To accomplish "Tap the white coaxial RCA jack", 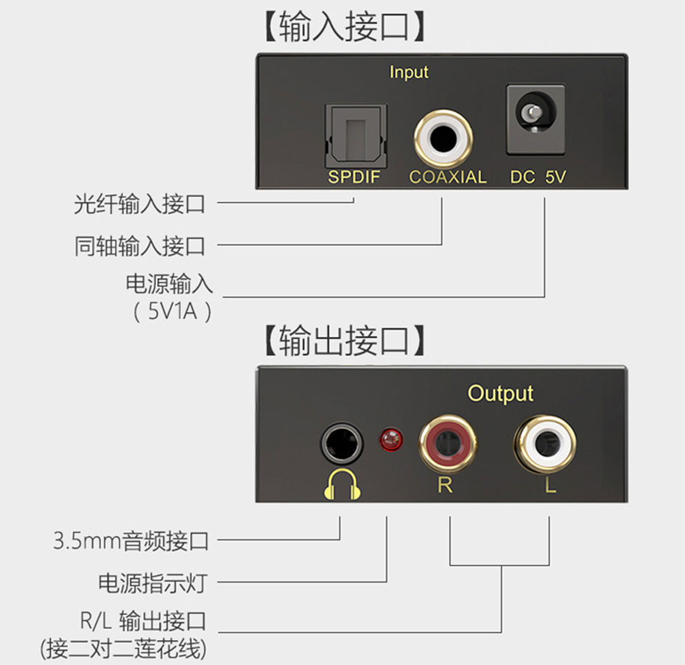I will click(x=443, y=137).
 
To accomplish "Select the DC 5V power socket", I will click(x=535, y=119).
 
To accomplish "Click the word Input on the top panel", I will click(x=409, y=72).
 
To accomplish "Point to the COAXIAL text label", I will click(x=448, y=177).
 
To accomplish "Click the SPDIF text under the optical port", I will click(x=354, y=177).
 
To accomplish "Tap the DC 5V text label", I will click(x=538, y=177).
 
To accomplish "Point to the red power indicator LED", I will click(x=390, y=441).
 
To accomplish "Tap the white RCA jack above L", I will click(x=544, y=443).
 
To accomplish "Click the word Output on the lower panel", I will click(x=500, y=394).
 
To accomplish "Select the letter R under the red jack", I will click(x=445, y=486).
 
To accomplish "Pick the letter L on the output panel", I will click(x=549, y=487).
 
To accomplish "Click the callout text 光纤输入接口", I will click(x=139, y=203).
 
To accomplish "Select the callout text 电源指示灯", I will click(x=152, y=583).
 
